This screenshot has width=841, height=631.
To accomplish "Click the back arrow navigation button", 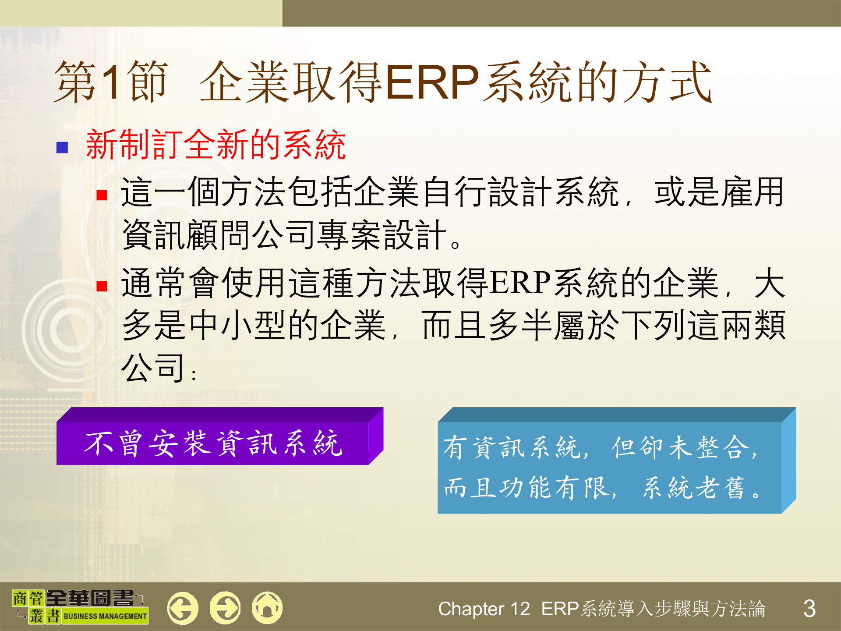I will coord(183,608).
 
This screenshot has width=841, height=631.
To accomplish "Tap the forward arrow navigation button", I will coord(225,608).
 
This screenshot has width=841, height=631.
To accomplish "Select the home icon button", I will coord(267,608).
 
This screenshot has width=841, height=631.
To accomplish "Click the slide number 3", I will coord(809,609).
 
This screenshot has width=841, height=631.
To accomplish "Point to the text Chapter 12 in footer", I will coord(484,609).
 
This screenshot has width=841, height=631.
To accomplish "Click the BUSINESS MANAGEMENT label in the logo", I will coord(105,616).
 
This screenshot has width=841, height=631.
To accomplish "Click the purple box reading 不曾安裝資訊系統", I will coord(213,443).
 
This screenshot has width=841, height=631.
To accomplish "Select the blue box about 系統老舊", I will coord(609,467).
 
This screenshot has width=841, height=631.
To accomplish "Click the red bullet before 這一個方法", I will coord(102,195).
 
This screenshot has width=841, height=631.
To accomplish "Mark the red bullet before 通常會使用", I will coord(102,286).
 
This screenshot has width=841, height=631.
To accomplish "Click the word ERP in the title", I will coord(432,82).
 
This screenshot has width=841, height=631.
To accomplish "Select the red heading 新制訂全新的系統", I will coord(216,145).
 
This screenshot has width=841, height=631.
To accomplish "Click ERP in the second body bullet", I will coord(520,283).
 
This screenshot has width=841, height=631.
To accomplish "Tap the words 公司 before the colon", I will coord(153,368).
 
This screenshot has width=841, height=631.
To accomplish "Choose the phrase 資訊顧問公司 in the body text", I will coord(219,235).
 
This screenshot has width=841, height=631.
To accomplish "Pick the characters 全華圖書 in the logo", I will coord(90,598).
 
